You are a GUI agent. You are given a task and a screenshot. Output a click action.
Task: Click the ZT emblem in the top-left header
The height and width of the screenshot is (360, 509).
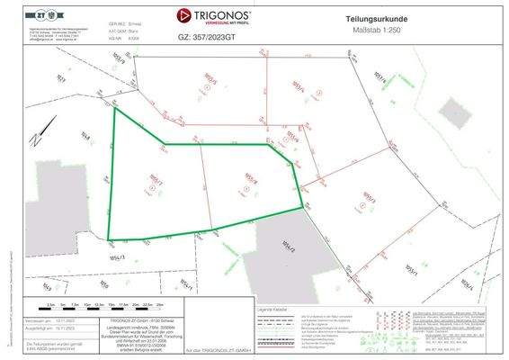click(39, 16)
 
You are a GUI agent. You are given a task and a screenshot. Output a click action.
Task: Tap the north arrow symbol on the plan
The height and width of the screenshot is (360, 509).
click(35, 139)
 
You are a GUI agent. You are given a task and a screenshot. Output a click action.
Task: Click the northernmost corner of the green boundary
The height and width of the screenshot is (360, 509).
click(114, 109)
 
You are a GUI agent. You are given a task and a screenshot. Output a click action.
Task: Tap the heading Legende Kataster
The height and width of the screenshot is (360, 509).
click(273, 309)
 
